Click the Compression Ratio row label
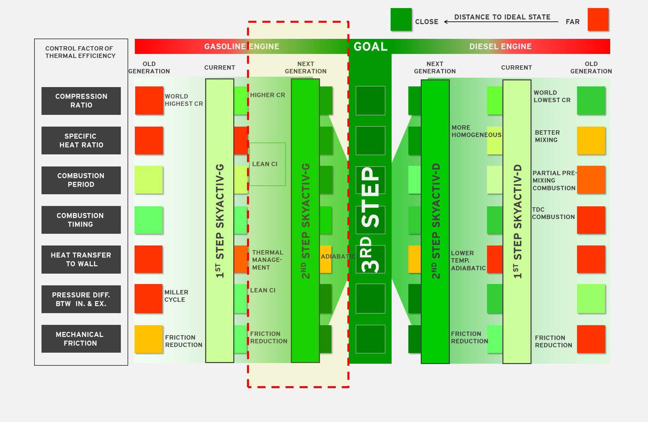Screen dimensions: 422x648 coord(81,101)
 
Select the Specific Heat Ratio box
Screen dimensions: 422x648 coord(81,141)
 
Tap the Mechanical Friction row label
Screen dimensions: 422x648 coord(81,339)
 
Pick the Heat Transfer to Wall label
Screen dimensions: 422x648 coord(81,260)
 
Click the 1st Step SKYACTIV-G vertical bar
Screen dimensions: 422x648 coord(220,220)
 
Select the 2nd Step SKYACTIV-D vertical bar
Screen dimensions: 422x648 coord(435,221)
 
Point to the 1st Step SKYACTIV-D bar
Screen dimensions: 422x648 coord(517,221)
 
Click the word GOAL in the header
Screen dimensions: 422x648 coord(371,47)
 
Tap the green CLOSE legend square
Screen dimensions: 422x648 coord(401,20)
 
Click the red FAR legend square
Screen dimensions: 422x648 coord(598,20)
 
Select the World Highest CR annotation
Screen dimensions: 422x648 coord(184,100)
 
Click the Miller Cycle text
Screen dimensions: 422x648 coord(176,296)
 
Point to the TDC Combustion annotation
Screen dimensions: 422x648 coord(553,213)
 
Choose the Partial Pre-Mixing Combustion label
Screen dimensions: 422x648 coord(554,181)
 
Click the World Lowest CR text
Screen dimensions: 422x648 coord(552,96)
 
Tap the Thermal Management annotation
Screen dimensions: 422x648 coord(267,260)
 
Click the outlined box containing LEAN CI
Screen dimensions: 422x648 coord(267,164)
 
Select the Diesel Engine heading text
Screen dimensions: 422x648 coord(500,47)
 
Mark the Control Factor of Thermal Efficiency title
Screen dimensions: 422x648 coord(80,52)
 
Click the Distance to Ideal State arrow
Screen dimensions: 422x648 coord(501,22)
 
